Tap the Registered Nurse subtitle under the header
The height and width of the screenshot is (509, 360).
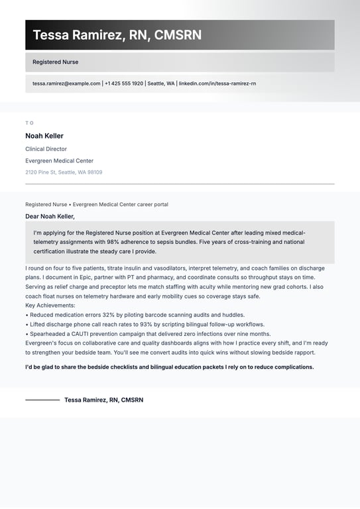point(56,62)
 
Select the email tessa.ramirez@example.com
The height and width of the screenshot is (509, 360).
point(66,84)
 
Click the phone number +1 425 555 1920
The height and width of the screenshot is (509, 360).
point(124,84)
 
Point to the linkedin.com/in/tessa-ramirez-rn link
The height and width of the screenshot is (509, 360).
point(217,84)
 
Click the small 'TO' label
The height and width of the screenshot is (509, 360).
point(29,123)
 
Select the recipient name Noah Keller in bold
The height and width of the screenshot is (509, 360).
point(44,136)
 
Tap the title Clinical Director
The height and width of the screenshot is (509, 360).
point(46,149)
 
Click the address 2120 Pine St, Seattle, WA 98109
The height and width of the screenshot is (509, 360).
point(64,172)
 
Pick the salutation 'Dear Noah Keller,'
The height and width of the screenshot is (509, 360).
point(50,216)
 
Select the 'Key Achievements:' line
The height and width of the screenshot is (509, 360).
point(50,306)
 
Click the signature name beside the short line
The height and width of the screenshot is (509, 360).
point(103,400)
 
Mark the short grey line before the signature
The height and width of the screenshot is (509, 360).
point(42,400)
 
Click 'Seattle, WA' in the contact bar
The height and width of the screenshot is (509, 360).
point(161,84)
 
